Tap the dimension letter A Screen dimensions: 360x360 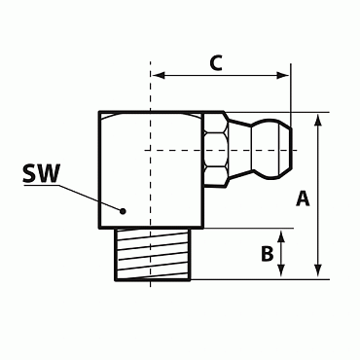pos(302,198)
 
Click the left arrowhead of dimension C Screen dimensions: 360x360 pos(157,75)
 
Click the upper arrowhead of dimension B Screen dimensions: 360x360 pos(283,234)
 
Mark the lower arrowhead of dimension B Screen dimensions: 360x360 pos(283,273)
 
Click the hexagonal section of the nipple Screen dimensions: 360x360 pos(218,150)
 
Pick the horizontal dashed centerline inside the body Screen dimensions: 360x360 pos(175,150)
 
